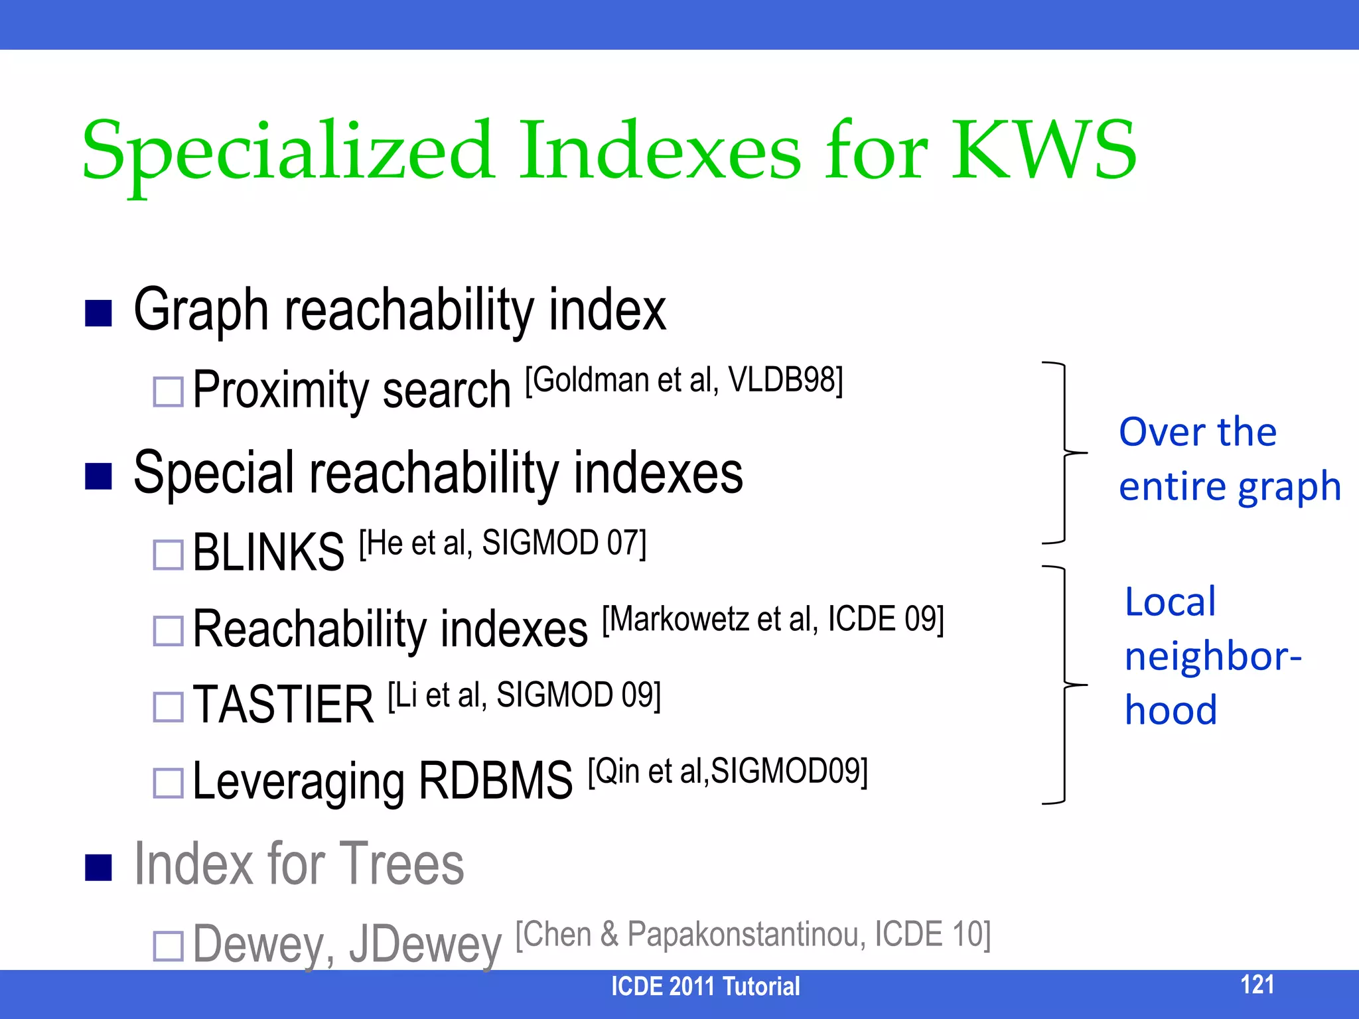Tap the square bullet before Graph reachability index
[98, 313]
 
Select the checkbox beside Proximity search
[168, 391]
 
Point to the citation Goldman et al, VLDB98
[684, 381]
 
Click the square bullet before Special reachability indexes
[98, 476]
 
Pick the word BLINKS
[268, 553]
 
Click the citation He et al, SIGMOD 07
[502, 543]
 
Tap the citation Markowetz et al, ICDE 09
[772, 620]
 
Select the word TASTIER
[283, 705]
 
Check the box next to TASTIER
[168, 707]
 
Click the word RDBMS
[495, 781]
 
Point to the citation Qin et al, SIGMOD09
[727, 772]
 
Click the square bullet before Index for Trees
[98, 866]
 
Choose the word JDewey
[425, 945]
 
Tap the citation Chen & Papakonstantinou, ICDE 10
[752, 935]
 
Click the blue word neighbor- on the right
[1213, 657]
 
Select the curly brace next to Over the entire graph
[1064, 452]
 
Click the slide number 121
[1257, 985]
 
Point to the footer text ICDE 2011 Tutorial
[705, 986]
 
